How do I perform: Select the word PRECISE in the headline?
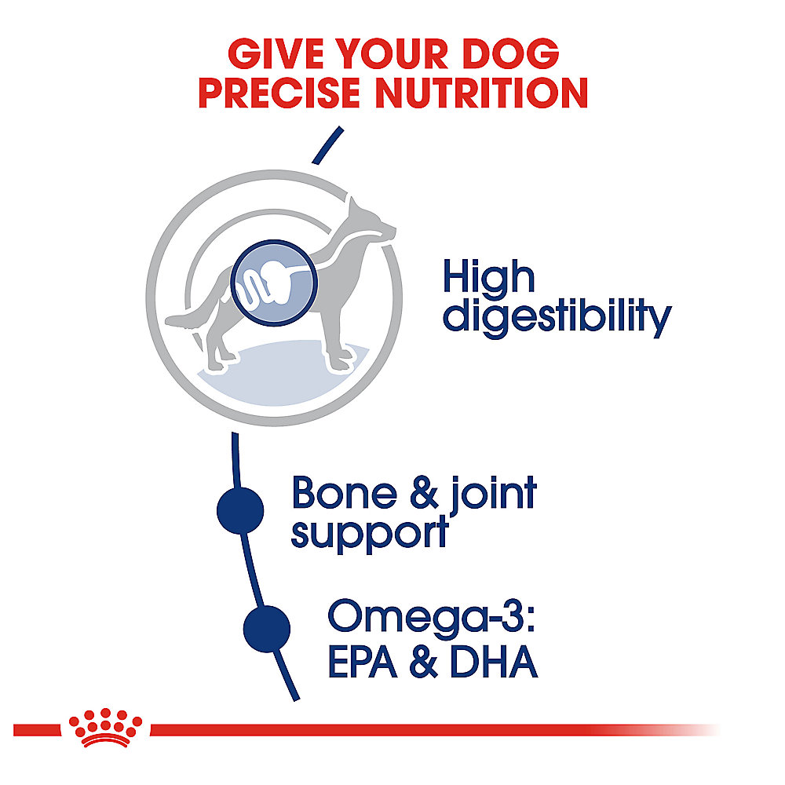coord(279,93)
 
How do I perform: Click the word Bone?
coord(345,493)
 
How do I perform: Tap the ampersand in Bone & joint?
coord(424,493)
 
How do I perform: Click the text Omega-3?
coord(432,617)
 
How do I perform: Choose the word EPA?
coord(363,661)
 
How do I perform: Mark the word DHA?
coord(494,661)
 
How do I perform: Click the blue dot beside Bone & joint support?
coord(240,511)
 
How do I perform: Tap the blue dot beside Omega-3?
coord(267,629)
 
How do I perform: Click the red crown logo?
coord(106,728)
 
